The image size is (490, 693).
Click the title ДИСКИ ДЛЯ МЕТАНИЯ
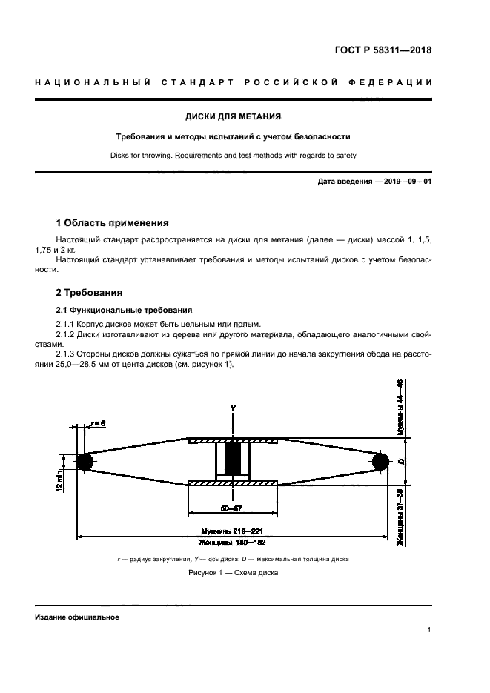click(233, 116)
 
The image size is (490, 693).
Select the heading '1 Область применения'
click(113, 222)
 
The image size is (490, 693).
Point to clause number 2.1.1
click(68, 325)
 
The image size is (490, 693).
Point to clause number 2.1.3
click(68, 354)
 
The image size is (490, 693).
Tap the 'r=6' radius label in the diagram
click(97, 423)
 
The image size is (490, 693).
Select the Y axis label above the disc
click(233, 409)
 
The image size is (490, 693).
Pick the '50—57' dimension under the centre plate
click(233, 508)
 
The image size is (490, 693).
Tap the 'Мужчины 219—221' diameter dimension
click(233, 531)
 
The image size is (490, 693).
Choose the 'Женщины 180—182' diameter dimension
click(233, 543)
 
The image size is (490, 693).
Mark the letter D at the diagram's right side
click(400, 462)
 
